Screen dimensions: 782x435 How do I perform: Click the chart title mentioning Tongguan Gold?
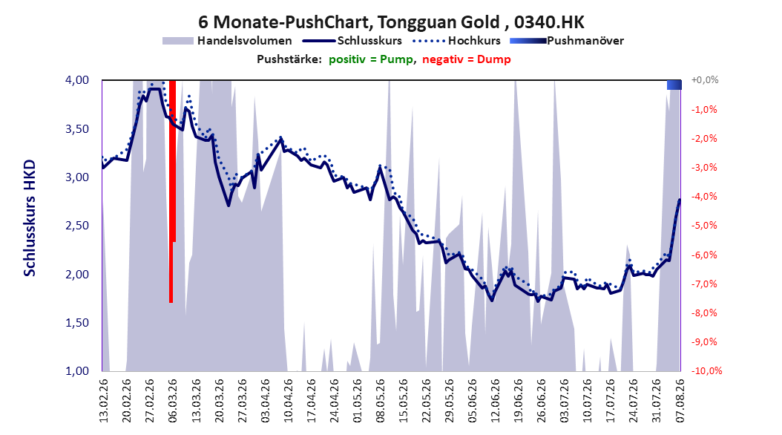tap(391, 22)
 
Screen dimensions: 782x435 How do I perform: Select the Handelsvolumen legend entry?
tap(228, 41)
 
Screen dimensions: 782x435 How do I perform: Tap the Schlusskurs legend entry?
tap(352, 41)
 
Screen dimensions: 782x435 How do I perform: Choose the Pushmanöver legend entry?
tap(567, 41)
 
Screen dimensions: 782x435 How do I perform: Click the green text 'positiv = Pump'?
tap(370, 59)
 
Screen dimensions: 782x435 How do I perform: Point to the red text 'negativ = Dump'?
tap(467, 59)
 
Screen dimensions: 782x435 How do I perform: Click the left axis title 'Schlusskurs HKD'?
tap(30, 218)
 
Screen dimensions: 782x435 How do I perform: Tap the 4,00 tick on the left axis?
tap(77, 80)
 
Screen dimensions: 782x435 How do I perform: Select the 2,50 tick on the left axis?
tap(77, 226)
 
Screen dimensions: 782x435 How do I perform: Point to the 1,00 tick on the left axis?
tap(77, 371)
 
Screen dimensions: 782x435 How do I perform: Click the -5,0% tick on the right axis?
tap(704, 226)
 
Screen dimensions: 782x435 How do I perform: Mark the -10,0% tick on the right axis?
tap(706, 371)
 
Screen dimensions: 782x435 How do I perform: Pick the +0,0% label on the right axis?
tap(705, 80)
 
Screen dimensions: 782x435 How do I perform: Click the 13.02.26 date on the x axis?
tap(104, 401)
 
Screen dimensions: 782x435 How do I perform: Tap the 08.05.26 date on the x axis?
tap(381, 401)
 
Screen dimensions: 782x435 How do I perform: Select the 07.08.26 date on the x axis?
tap(680, 401)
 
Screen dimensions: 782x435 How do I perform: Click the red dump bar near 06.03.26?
tap(171, 191)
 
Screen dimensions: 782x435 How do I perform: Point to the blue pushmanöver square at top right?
tap(674, 85)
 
